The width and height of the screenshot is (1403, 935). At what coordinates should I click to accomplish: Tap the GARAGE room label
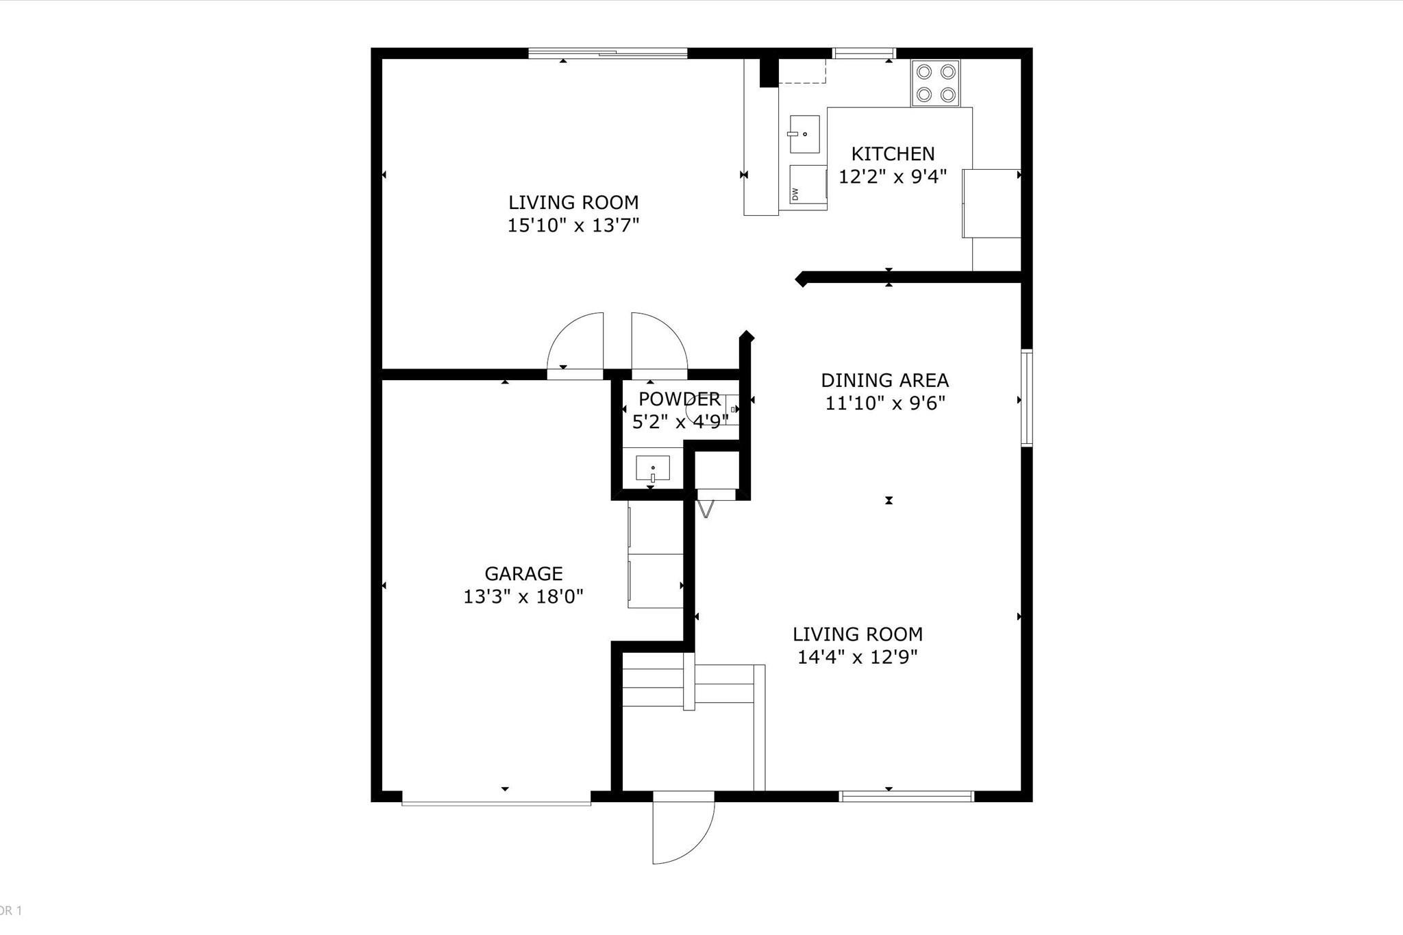(523, 573)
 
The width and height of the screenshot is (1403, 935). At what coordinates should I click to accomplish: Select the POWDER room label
(679, 399)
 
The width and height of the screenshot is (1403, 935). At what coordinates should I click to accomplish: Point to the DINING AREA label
(884, 380)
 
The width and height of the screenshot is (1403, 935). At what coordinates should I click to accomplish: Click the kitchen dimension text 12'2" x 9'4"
(893, 177)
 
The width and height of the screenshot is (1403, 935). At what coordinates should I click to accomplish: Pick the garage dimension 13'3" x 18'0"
(523, 597)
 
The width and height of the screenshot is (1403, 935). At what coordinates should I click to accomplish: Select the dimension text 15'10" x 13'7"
(573, 225)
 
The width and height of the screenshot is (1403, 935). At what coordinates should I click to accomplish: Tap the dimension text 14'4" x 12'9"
(858, 657)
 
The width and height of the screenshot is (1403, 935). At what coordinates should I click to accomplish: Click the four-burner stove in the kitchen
(935, 83)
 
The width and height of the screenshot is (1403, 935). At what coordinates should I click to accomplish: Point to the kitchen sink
(804, 134)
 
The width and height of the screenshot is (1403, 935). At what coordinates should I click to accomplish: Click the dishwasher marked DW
(808, 187)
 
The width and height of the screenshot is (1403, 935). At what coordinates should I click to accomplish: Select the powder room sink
(652, 469)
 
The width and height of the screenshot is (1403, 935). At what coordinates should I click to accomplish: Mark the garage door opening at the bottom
(496, 799)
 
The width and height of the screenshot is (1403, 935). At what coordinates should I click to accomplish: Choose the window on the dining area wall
(1026, 398)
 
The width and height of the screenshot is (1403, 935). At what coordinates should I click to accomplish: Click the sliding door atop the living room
(608, 53)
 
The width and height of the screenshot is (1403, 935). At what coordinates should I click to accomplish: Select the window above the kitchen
(864, 53)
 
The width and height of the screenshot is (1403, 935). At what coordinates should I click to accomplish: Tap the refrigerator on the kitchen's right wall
(992, 203)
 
